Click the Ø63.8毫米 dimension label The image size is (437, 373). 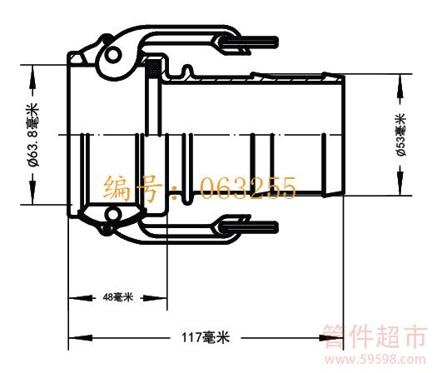pos(33,135)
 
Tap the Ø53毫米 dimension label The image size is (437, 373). pos(401,135)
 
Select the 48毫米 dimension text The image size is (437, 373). pos(118,297)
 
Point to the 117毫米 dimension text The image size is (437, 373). pos(206,337)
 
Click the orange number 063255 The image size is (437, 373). pos(248,189)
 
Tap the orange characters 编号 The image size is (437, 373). pos(133,188)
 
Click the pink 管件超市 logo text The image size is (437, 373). pos(375,336)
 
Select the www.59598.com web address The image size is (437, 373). pos(375,360)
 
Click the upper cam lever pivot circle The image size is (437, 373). pos(112,55)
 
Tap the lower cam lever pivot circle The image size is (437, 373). pos(113,214)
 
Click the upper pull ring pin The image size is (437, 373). pos(251,42)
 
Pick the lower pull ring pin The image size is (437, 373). pos(251,226)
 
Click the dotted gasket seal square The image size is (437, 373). pos(152,67)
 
